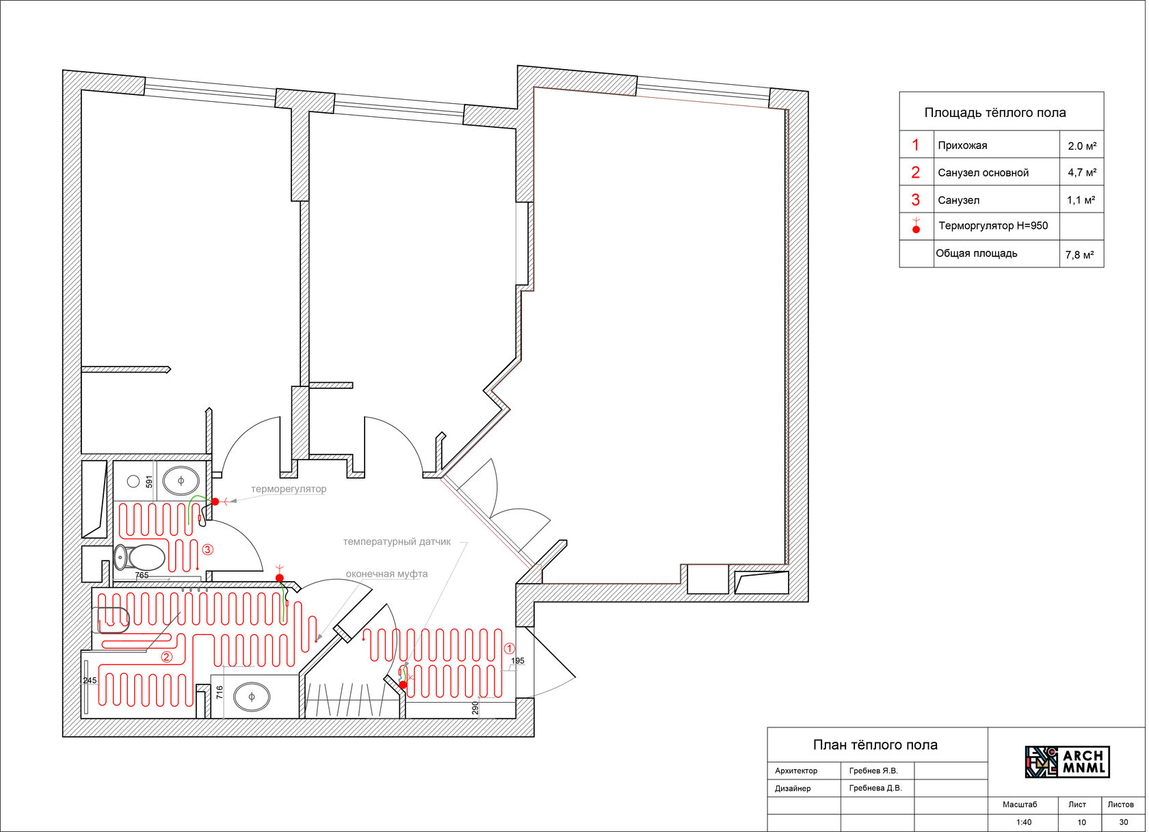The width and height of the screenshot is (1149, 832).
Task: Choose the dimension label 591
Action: coord(150,483)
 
